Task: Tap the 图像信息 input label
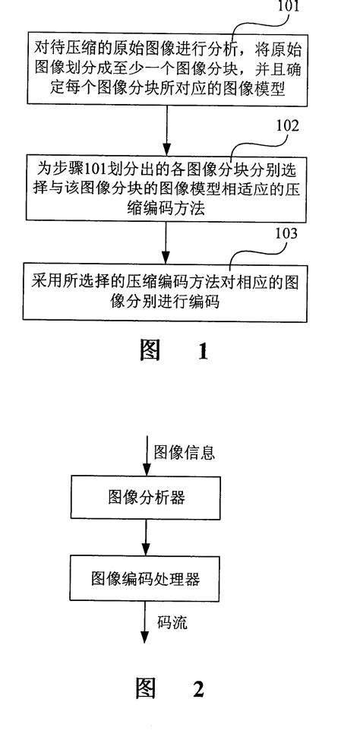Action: [x=185, y=453]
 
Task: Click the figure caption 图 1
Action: [x=172, y=352]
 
